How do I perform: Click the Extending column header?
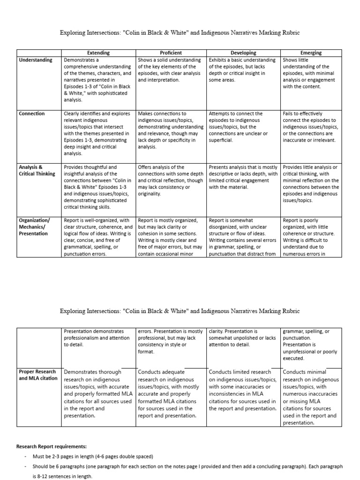(x=98, y=53)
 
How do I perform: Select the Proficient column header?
(x=171, y=53)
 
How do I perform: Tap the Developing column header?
(x=243, y=53)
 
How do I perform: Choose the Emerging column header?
(x=311, y=53)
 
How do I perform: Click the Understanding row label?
(x=36, y=60)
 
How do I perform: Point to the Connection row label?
(x=32, y=113)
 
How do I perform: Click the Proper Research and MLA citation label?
(x=37, y=375)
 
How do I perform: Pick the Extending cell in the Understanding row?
(x=98, y=80)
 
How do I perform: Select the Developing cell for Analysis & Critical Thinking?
(x=243, y=177)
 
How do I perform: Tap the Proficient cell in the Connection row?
(x=171, y=130)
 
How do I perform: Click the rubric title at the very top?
(x=180, y=33)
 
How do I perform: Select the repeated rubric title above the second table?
(x=180, y=311)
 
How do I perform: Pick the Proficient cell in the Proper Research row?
(x=171, y=394)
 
